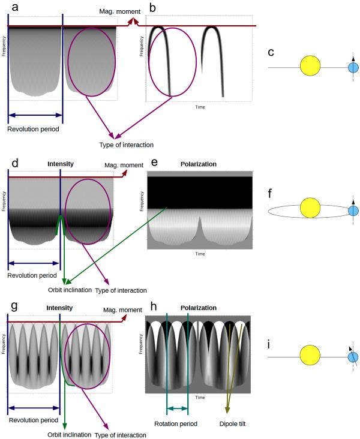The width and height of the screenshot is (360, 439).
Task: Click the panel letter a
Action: point(6,7)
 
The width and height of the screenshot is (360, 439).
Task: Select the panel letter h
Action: point(150,308)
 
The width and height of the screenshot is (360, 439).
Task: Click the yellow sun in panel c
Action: point(310,67)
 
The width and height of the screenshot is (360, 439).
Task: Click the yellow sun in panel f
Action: point(310,209)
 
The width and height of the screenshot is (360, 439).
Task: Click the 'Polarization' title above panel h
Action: point(197,308)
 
